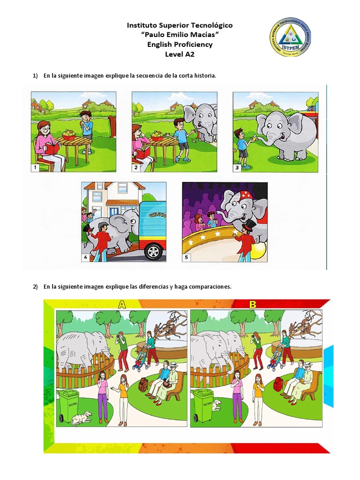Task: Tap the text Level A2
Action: click(x=180, y=54)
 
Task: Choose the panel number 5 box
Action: click(x=186, y=257)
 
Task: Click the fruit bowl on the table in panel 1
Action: click(x=68, y=135)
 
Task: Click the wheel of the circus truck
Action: click(x=154, y=252)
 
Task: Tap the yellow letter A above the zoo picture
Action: click(x=121, y=305)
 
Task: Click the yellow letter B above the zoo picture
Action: click(x=253, y=305)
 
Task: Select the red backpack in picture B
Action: click(x=277, y=384)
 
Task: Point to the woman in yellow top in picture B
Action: click(x=258, y=398)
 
